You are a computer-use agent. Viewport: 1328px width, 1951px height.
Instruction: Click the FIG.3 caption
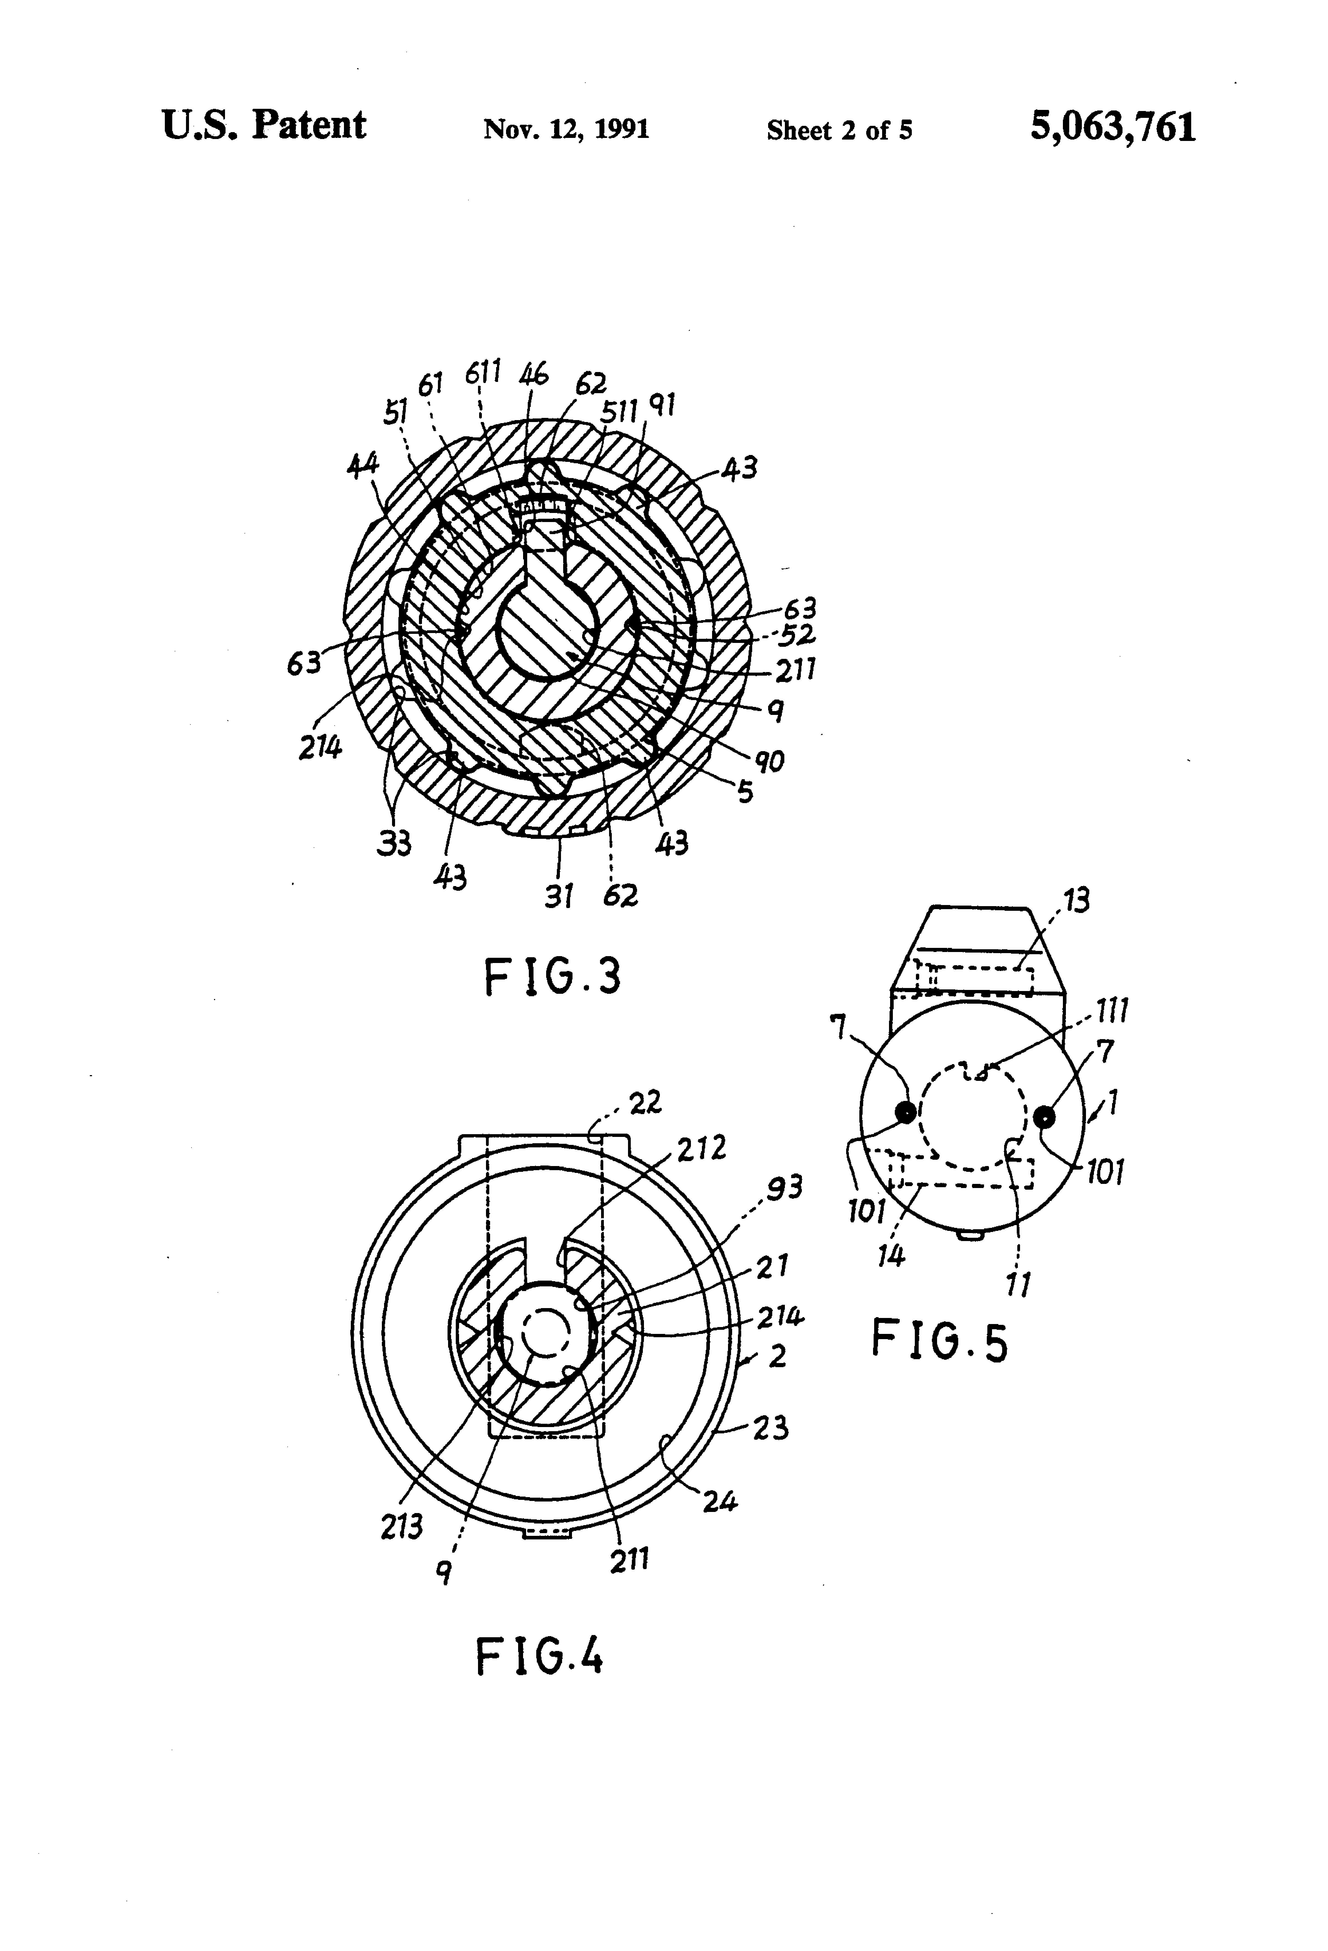[x=552, y=977]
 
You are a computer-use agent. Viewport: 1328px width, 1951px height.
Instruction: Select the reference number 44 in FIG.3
[x=363, y=465]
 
